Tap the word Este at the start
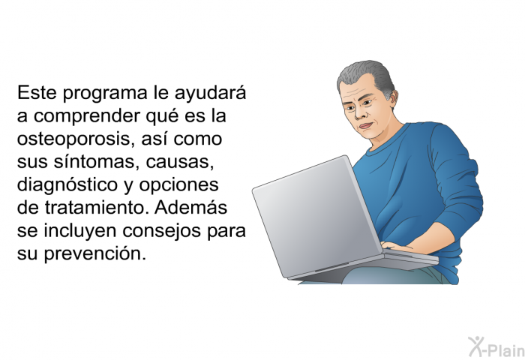(x=37, y=92)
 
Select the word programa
(x=105, y=94)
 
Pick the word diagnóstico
(x=67, y=185)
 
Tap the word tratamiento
(x=97, y=208)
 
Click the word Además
(x=190, y=207)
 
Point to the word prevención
(x=95, y=254)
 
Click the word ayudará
(x=210, y=94)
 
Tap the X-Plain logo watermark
(x=496, y=347)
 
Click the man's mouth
(x=366, y=126)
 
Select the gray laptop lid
(x=316, y=217)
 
